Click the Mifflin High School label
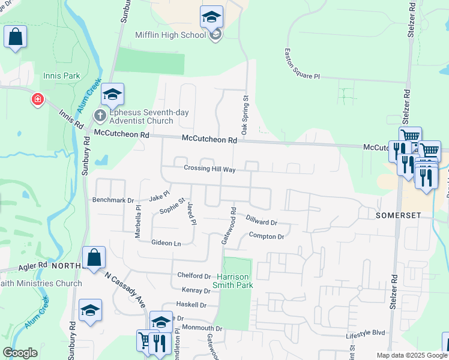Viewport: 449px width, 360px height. click(x=170, y=35)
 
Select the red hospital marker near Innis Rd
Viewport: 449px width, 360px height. click(x=38, y=99)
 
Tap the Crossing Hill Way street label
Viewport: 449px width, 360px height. click(x=209, y=169)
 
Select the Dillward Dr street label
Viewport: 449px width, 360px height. click(x=261, y=221)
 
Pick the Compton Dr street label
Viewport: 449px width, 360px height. click(x=266, y=236)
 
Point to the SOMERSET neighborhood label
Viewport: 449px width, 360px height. click(x=396, y=215)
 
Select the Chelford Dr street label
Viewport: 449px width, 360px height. click(x=194, y=276)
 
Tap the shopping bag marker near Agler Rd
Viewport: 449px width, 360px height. click(x=95, y=259)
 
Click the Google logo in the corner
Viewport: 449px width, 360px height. click(x=20, y=353)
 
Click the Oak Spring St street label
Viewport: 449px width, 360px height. click(x=245, y=114)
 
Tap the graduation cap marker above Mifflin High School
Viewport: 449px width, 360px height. click(x=211, y=17)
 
